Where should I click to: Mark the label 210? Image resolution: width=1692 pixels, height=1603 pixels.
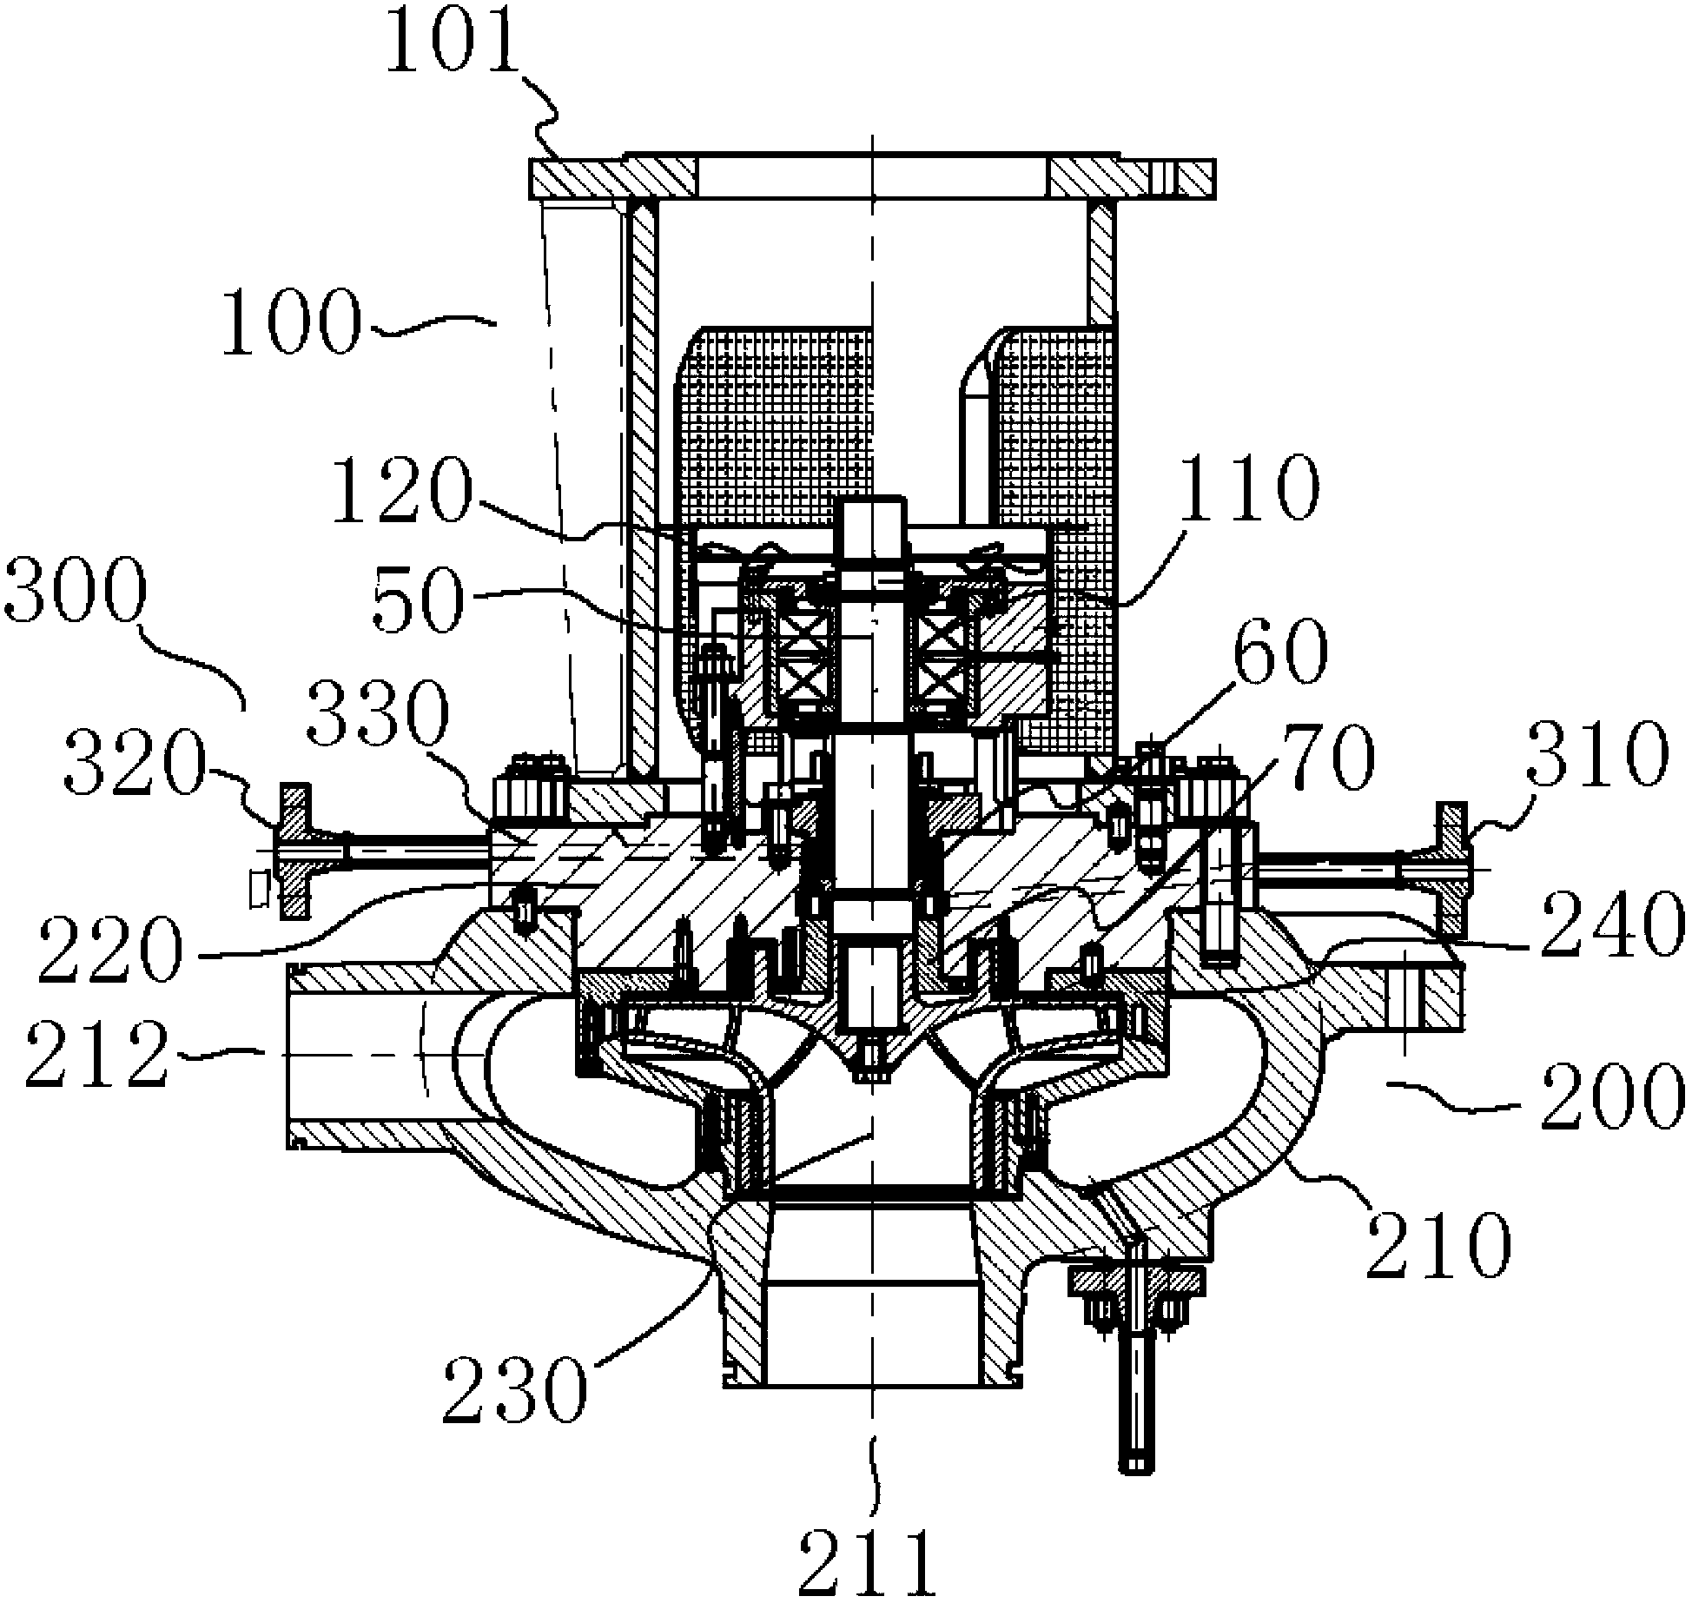(x=1438, y=1247)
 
